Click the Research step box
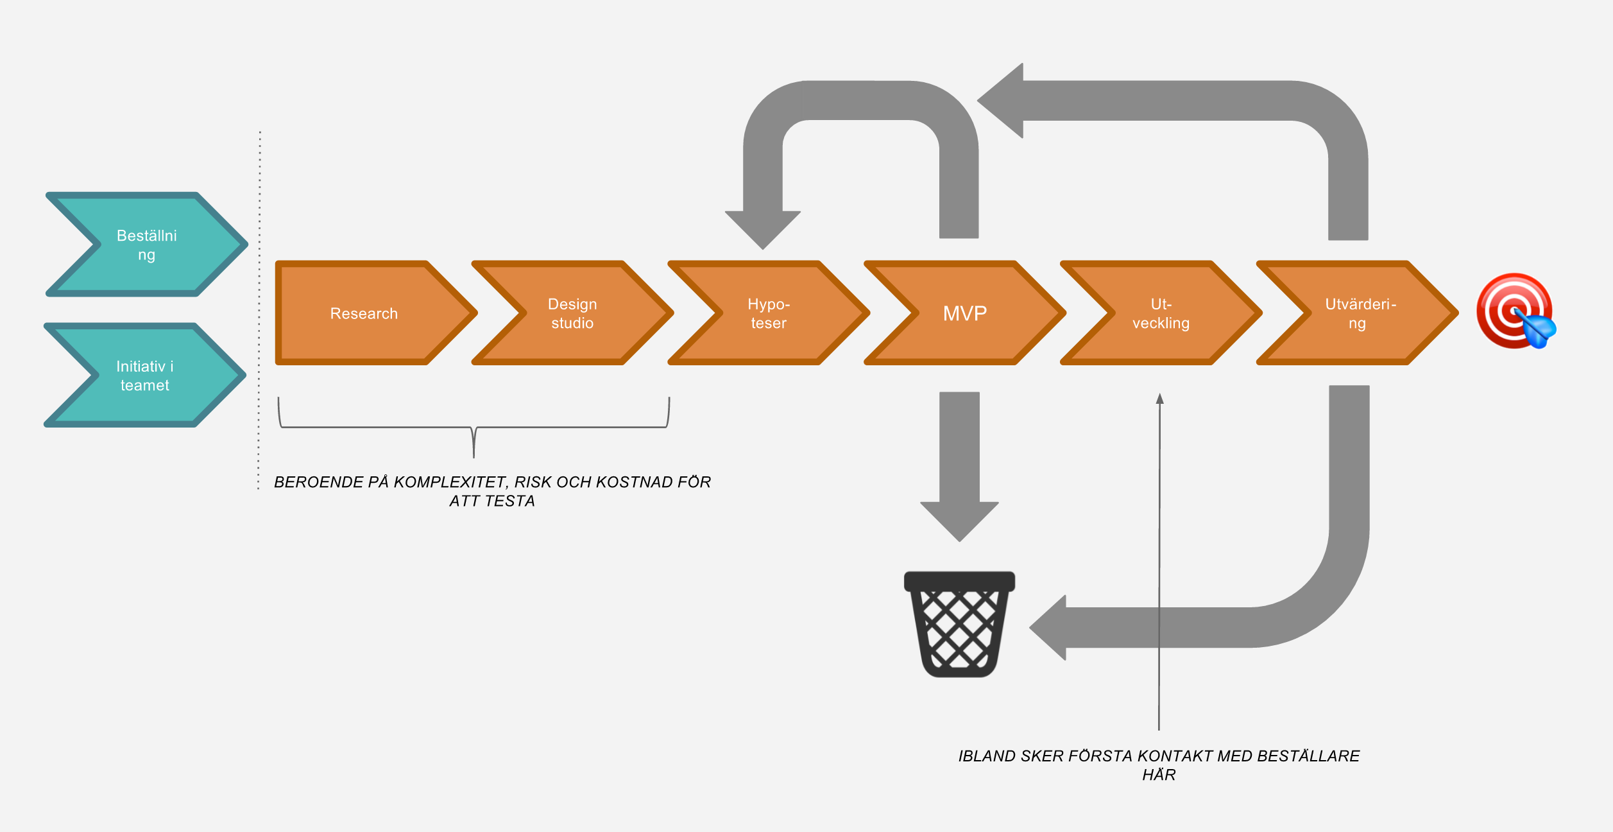point(364,313)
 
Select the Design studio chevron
point(572,313)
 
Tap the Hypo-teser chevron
point(769,313)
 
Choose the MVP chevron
point(964,313)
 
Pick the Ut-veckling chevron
point(1161,313)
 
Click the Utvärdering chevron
point(1357,313)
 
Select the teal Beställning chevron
point(146,245)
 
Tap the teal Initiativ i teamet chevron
point(145,376)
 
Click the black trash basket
point(959,624)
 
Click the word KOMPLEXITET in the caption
point(450,482)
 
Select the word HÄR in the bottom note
point(1159,775)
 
